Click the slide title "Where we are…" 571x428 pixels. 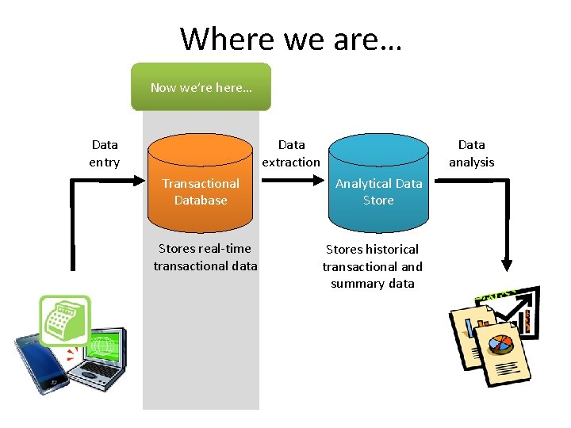point(290,38)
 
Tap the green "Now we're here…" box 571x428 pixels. point(201,87)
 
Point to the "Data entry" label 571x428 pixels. point(105,153)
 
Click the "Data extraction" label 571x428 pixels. point(291,153)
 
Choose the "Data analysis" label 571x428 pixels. point(471,153)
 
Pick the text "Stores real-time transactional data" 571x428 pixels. point(205,258)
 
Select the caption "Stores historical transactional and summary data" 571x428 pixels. point(373,266)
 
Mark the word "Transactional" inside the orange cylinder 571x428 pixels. point(201,183)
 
